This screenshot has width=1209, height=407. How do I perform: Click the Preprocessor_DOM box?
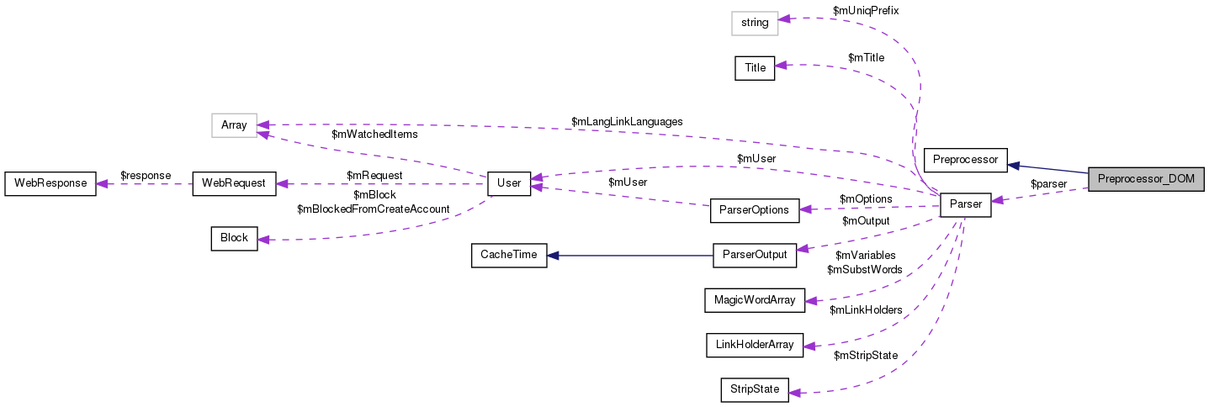[1146, 179]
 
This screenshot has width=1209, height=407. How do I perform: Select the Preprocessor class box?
[965, 159]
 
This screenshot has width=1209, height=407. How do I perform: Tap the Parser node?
[965, 203]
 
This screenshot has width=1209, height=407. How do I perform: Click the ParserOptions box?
[754, 209]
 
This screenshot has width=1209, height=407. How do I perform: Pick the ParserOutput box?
[754, 255]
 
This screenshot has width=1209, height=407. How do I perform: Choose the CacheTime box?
[508, 255]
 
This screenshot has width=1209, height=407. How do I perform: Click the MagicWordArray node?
[754, 299]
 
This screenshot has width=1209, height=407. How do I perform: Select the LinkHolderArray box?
[754, 344]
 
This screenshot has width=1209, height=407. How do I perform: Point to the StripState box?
[754, 389]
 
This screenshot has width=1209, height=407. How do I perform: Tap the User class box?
[509, 182]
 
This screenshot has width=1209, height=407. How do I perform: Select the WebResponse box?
[50, 182]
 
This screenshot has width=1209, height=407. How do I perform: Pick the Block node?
[234, 238]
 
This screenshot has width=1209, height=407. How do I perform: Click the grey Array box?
[234, 125]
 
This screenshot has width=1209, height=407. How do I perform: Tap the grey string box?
[755, 23]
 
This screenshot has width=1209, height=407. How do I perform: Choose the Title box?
[755, 68]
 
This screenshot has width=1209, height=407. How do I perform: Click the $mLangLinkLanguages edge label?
[627, 121]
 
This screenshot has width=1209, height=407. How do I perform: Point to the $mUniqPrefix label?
[866, 10]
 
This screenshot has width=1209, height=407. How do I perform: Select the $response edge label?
[146, 175]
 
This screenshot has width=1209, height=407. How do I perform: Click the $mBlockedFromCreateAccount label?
[373, 209]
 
